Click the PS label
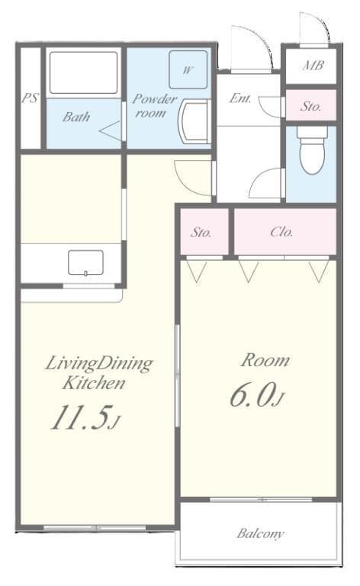30,98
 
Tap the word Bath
76,117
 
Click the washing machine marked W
187,69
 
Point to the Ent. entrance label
240,98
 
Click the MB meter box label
313,66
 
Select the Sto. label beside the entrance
310,106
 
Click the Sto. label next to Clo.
201,232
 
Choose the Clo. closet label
281,232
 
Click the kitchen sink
85,263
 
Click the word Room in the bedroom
265,360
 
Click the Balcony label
260,533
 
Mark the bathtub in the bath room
84,73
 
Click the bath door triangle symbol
111,130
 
